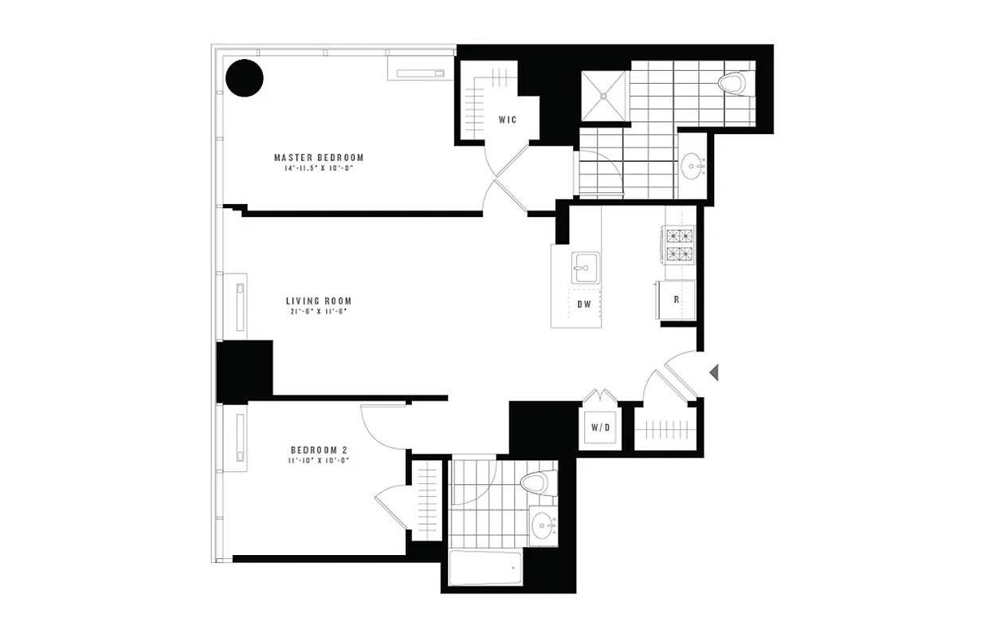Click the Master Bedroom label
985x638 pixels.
[319, 157]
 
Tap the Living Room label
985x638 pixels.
[319, 301]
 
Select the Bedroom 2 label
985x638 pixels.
[318, 449]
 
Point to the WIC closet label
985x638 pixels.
[508, 120]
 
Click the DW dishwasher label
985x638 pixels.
[583, 303]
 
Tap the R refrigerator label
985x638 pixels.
[676, 300]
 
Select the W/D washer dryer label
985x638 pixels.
[600, 427]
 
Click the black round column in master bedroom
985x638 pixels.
[244, 77]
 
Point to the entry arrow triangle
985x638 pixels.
[715, 371]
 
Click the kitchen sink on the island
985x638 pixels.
[581, 267]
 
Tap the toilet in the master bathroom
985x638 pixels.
[732, 82]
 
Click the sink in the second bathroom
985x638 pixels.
[544, 526]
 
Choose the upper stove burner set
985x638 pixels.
[680, 235]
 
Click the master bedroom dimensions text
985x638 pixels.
[319, 169]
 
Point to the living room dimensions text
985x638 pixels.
[319, 312]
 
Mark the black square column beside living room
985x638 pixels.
[245, 371]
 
